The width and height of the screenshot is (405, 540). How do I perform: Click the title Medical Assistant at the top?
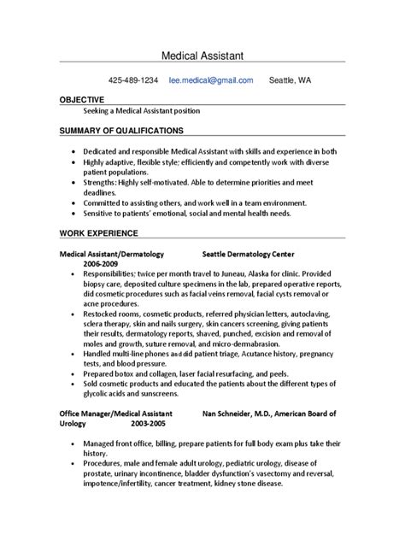coord(202,56)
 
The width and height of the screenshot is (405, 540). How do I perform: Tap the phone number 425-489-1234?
coord(132,80)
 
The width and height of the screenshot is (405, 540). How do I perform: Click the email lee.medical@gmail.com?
coord(211,80)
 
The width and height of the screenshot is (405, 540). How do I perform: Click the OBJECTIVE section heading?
coord(81,100)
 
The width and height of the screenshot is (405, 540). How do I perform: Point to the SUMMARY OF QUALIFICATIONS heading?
coord(120,131)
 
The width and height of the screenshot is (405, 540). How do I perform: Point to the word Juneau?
coord(218,274)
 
